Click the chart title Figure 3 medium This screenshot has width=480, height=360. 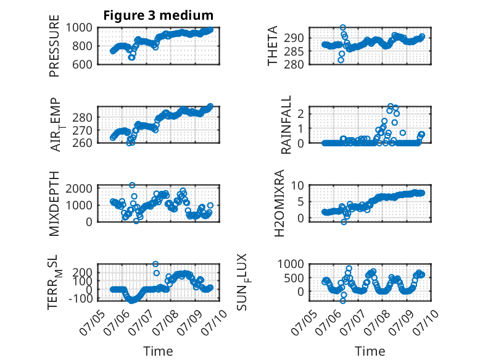(159, 15)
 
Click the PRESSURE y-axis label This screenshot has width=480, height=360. (54, 46)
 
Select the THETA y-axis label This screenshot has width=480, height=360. (272, 46)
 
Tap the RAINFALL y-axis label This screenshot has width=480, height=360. (286, 125)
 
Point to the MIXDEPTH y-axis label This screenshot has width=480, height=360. (54, 204)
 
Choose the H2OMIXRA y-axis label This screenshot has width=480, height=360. (279, 203)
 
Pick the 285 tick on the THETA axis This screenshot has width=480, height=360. (294, 51)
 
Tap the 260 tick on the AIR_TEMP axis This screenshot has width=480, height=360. (82, 143)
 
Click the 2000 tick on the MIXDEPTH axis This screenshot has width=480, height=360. (79, 188)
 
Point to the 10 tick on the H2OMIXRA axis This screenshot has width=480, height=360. (297, 185)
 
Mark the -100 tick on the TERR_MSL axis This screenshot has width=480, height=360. (80, 298)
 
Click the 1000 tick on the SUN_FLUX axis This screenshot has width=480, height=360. (291, 264)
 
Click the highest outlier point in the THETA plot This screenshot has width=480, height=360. (343, 28)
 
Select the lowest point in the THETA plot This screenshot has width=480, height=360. (341, 60)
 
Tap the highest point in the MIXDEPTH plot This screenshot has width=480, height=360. (132, 185)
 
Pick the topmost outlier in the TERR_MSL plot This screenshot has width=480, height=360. (155, 264)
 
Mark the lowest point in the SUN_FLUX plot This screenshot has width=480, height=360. (343, 301)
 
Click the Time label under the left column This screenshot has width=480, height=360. (159, 351)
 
